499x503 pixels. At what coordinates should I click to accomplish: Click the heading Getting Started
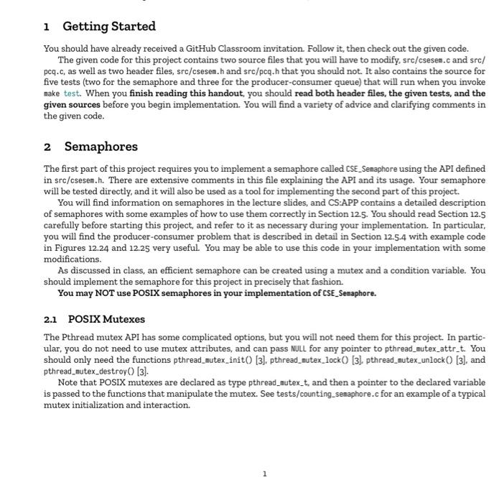click(x=109, y=27)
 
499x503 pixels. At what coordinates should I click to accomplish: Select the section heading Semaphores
click(x=101, y=147)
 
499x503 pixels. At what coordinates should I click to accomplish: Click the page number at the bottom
click(x=264, y=474)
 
